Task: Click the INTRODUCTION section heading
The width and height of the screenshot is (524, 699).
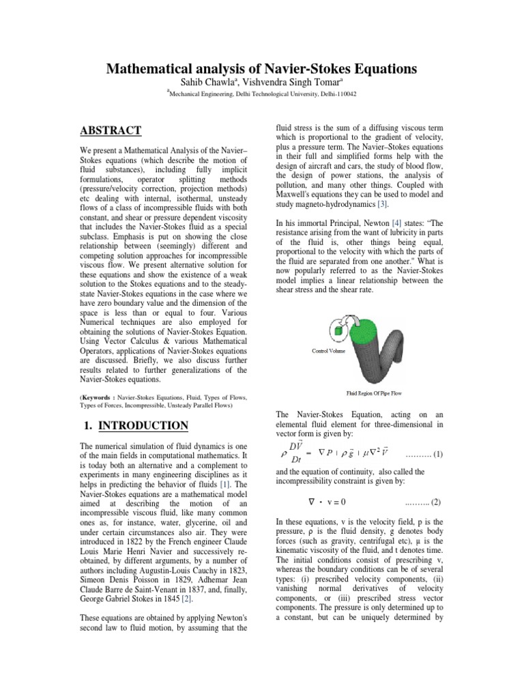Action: (143, 426)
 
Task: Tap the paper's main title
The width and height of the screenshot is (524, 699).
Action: (261, 69)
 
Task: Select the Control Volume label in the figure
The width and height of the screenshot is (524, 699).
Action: (329, 351)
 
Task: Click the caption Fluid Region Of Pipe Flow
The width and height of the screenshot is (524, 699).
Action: (375, 394)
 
